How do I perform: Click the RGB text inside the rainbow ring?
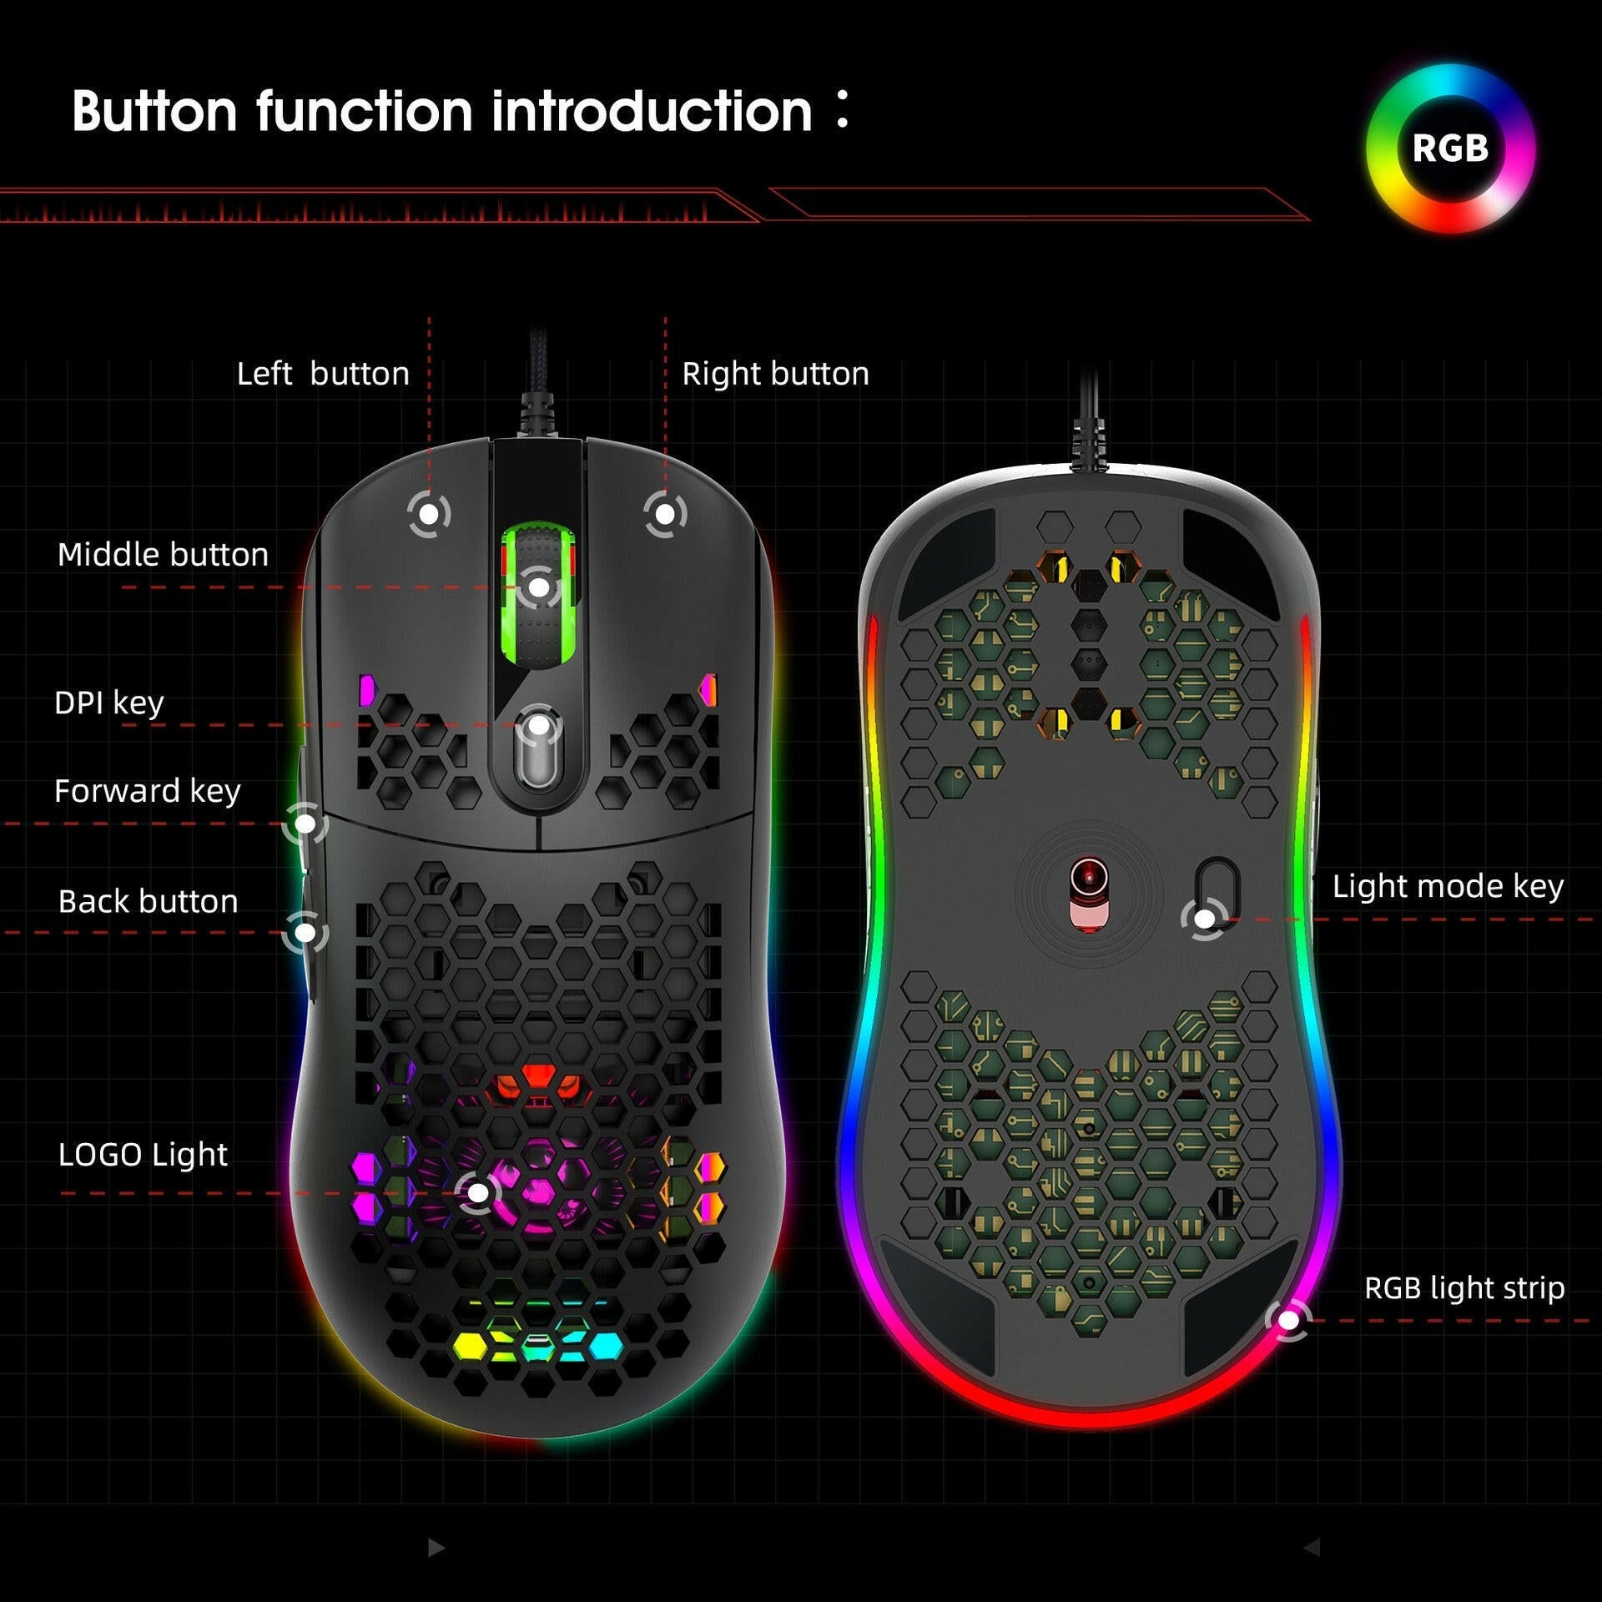1450,149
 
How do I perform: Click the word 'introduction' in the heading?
651,111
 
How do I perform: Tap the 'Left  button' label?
323,374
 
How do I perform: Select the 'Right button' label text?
775,374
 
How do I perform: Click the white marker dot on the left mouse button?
429,514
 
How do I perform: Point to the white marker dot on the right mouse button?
665,514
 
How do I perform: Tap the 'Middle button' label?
163,555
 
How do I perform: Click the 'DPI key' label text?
108,703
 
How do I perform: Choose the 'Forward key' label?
147,791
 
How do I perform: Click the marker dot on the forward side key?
305,824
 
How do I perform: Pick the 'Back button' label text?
148,902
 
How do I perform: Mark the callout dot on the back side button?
305,932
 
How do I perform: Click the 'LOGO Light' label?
143,1155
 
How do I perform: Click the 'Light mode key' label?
1447,886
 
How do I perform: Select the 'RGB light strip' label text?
1463,1288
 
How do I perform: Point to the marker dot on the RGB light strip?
1288,1321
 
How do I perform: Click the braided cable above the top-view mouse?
538,392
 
